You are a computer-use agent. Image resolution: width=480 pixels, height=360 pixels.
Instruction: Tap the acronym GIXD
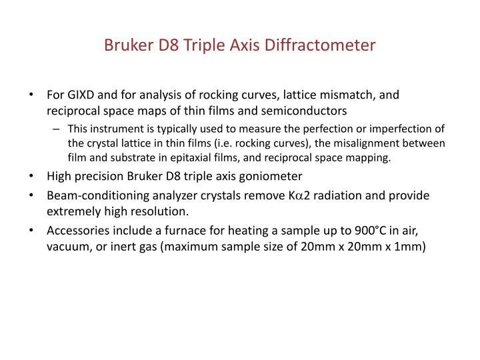coord(81,95)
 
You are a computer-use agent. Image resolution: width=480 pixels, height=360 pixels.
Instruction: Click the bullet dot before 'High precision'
coord(33,177)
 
